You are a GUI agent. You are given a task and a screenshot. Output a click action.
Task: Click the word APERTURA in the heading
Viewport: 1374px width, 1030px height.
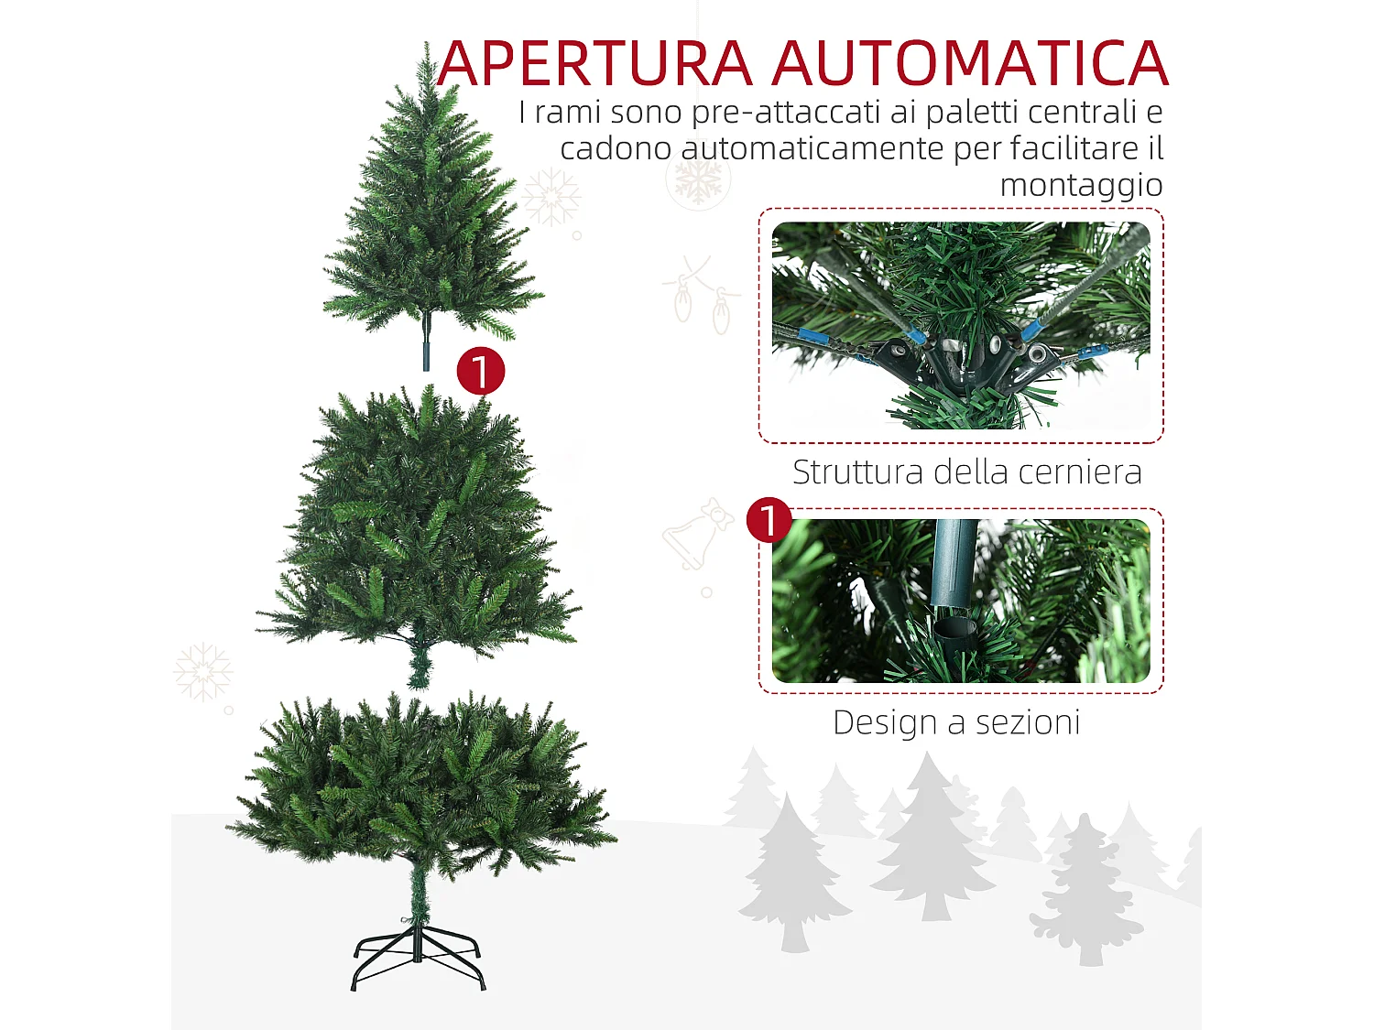click(x=595, y=64)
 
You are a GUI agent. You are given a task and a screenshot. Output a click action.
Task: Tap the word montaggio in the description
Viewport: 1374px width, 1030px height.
click(x=1081, y=185)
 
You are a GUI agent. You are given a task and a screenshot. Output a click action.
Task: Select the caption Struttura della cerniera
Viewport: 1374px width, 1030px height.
click(x=966, y=472)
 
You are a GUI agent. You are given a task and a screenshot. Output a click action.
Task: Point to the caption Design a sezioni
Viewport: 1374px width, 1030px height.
click(x=956, y=722)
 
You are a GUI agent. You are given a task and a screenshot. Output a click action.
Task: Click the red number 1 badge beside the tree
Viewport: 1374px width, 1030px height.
click(x=480, y=371)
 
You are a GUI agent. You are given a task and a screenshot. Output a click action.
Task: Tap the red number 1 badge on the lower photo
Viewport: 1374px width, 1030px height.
click(x=769, y=520)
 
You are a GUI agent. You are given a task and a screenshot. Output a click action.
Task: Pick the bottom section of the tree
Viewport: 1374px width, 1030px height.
click(x=421, y=787)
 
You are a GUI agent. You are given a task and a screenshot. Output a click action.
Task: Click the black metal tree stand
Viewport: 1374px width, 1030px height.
click(x=418, y=957)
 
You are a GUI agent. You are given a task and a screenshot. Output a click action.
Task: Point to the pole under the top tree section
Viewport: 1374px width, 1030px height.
click(x=426, y=343)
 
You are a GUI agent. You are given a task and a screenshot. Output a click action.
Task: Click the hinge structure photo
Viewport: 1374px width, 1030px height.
click(x=960, y=325)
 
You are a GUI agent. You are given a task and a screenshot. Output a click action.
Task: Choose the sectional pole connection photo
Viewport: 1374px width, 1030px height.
click(x=960, y=601)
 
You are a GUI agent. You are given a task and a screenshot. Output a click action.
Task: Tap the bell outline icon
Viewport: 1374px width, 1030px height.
click(x=696, y=536)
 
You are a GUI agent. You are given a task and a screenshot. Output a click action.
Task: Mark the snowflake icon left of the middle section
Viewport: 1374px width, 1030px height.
click(x=202, y=671)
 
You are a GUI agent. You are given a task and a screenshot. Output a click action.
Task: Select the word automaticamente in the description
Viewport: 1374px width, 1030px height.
click(x=812, y=148)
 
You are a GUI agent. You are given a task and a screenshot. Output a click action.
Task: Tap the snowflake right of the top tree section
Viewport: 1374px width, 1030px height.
click(x=551, y=197)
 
